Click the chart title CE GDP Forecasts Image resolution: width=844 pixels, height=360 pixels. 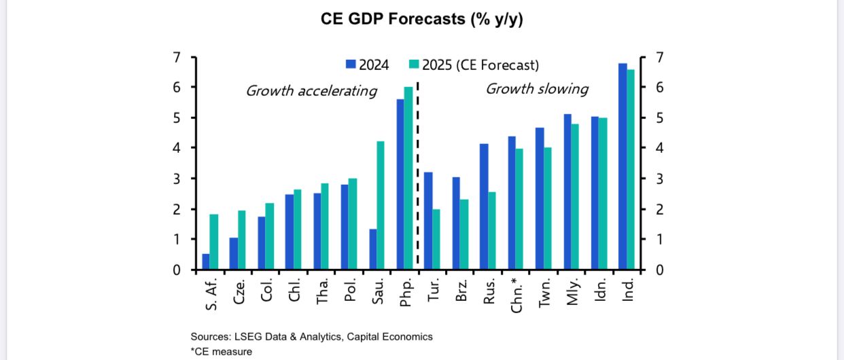click(421, 20)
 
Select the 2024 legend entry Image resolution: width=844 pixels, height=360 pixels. click(367, 65)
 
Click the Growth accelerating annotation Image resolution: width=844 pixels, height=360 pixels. click(311, 91)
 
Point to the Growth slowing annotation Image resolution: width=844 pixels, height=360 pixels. click(536, 89)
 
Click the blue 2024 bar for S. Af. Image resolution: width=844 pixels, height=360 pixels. click(206, 262)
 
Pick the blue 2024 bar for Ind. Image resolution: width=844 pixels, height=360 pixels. click(622, 166)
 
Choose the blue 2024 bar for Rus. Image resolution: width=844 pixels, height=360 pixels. click(483, 206)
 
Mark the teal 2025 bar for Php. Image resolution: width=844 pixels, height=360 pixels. click(408, 178)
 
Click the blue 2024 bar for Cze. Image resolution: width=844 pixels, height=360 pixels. click(234, 253)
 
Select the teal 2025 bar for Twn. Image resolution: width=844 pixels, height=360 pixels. click(548, 209)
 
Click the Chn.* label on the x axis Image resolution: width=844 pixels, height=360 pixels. click(516, 294)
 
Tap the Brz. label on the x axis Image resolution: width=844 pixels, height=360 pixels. click(460, 291)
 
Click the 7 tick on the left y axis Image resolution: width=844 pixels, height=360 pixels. click(177, 57)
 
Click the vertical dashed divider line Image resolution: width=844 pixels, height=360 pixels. click(417, 170)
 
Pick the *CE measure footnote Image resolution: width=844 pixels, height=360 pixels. click(222, 351)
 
